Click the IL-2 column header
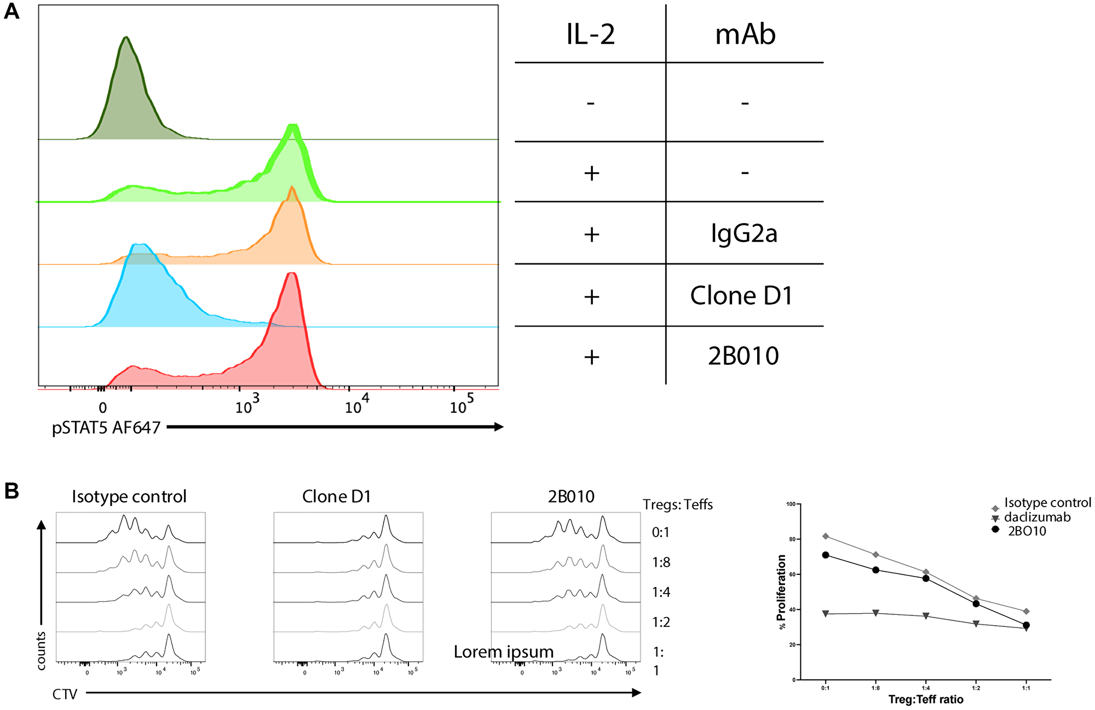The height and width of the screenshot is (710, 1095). click(590, 34)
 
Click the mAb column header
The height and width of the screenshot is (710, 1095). click(745, 34)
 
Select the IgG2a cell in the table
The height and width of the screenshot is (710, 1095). click(744, 234)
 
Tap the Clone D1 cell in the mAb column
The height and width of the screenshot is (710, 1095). click(741, 296)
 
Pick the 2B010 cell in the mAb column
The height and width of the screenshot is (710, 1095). click(743, 356)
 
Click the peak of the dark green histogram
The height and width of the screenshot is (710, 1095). click(126, 37)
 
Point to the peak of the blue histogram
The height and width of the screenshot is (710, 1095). click(140, 245)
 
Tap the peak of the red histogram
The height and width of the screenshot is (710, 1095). click(292, 273)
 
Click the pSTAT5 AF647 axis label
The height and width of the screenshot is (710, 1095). click(106, 427)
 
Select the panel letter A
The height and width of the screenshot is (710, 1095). click(11, 11)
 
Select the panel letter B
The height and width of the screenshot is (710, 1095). click(11, 491)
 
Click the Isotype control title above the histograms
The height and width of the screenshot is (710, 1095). click(129, 497)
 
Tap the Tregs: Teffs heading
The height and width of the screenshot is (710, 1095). click(677, 504)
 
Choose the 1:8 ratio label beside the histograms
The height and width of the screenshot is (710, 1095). click(661, 562)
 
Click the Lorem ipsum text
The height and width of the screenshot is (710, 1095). click(504, 652)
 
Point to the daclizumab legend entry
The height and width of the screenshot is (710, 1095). click(1037, 517)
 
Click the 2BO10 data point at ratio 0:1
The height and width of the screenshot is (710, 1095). click(826, 555)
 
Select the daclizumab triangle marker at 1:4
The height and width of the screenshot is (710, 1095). click(926, 616)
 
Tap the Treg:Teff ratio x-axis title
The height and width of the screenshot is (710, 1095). click(926, 700)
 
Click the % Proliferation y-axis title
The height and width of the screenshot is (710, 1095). click(782, 592)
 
